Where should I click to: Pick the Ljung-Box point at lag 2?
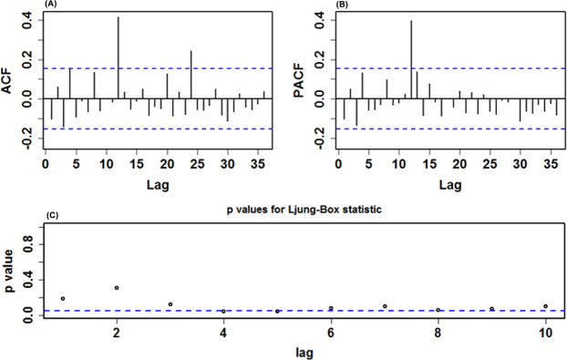click(x=117, y=288)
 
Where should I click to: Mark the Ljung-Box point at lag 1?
click(x=63, y=298)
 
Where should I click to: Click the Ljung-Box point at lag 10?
click(x=545, y=306)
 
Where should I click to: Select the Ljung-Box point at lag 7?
click(x=385, y=306)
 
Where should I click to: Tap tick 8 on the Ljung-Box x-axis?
click(x=438, y=332)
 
